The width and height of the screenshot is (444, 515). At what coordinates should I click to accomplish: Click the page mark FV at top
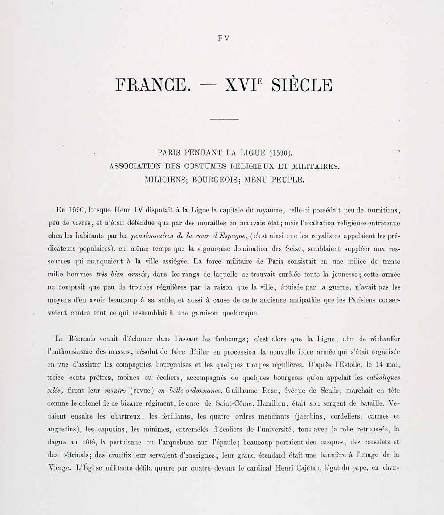223,38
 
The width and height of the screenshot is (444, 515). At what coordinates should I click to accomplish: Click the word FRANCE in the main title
151,85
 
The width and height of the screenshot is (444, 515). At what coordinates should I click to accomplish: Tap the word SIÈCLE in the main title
301,85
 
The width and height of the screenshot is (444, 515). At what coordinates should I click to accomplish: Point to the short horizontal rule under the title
224,119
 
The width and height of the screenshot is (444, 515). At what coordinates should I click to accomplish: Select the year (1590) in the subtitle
281,153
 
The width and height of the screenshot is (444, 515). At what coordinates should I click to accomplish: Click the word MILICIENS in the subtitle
164,181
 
